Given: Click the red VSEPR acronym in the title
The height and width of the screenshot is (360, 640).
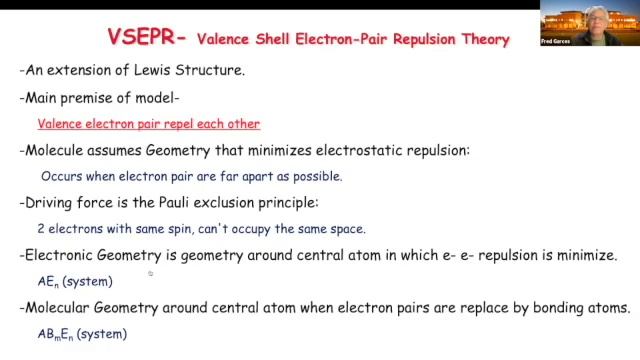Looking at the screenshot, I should tap(142, 38).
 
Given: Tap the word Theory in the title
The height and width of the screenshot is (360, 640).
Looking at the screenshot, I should tap(482, 39).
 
